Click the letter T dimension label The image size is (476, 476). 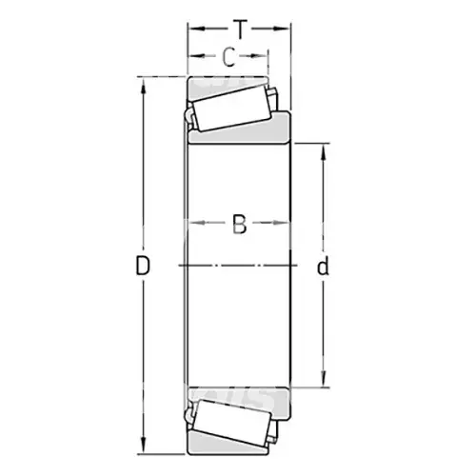tap(240, 30)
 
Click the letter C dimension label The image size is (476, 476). tap(228, 57)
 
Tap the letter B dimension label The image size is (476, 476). tap(239, 225)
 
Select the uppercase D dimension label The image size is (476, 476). tap(143, 266)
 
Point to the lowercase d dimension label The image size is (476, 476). tap(323, 266)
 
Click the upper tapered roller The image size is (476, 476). tap(233, 108)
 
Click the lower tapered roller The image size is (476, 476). tap(233, 423)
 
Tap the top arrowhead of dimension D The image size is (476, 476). tap(143, 86)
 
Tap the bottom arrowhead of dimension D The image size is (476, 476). tap(143, 446)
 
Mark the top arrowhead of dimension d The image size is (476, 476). tap(324, 152)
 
